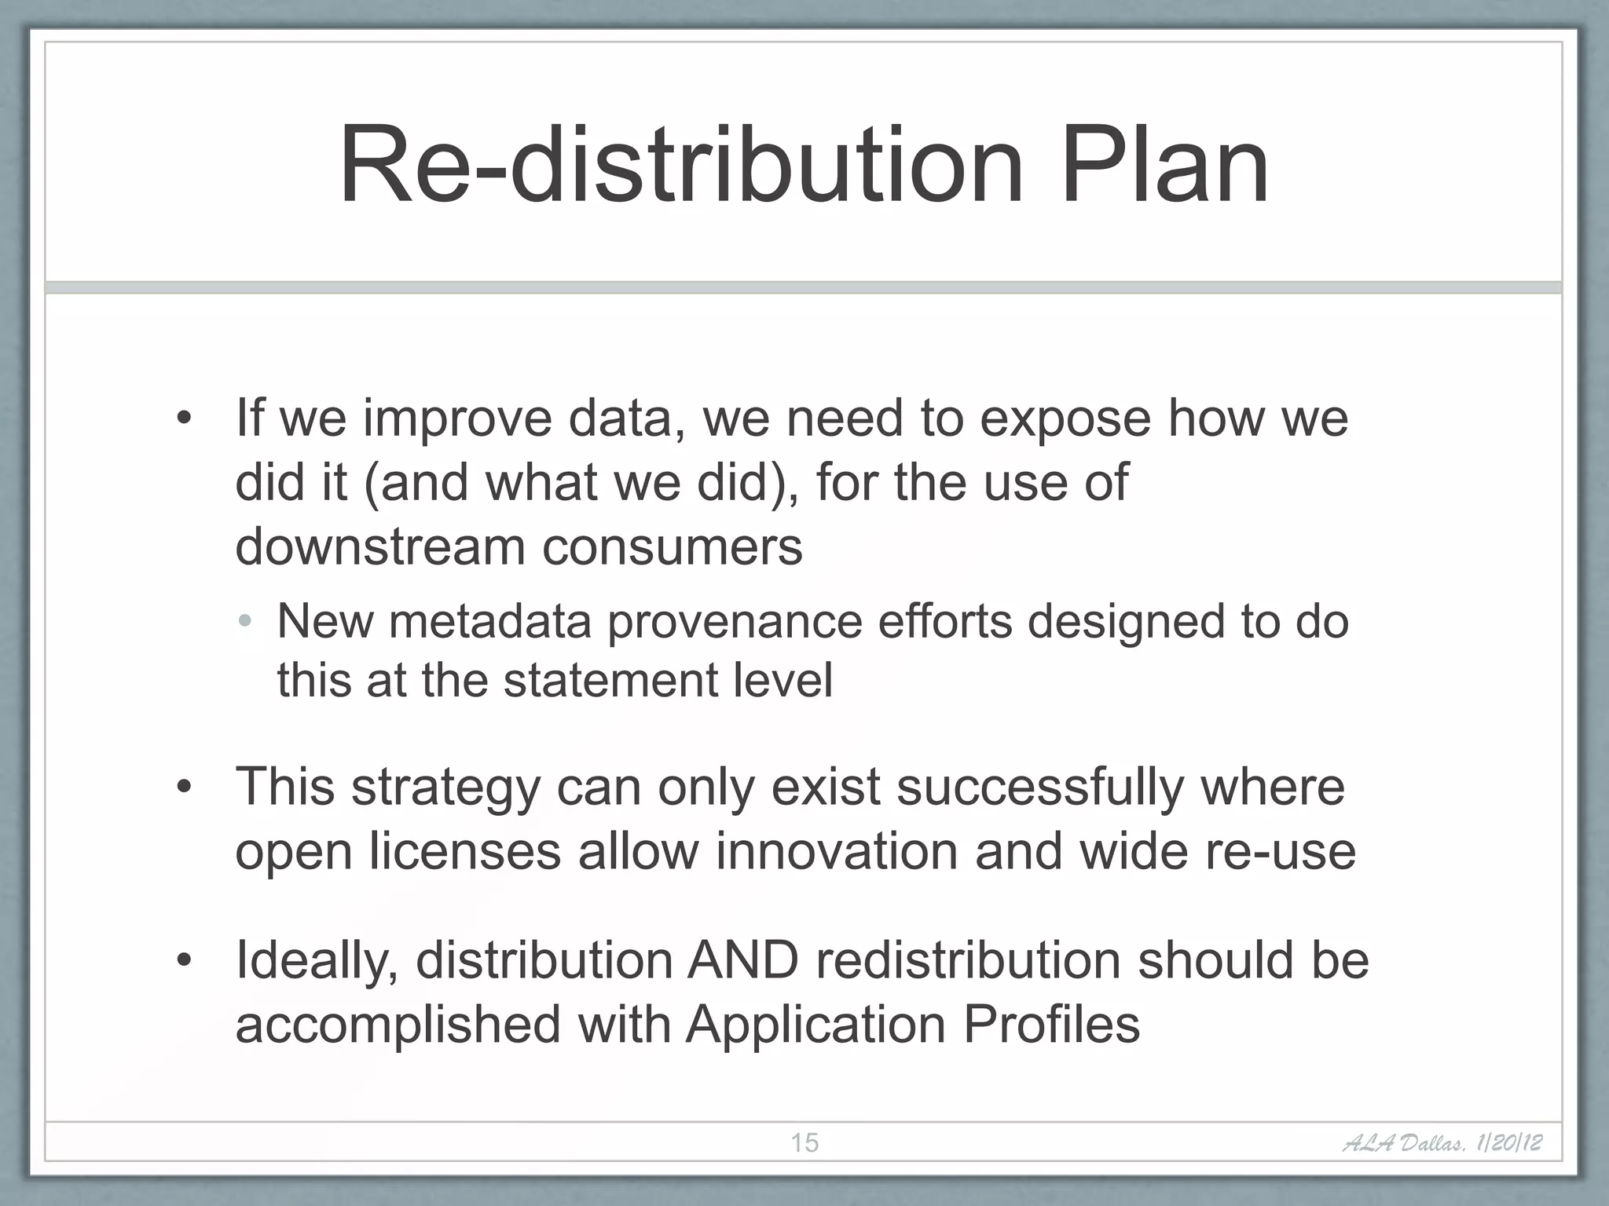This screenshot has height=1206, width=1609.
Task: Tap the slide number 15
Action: (x=804, y=1142)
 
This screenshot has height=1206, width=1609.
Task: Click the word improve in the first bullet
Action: (x=457, y=419)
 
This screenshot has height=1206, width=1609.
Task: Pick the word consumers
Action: (x=673, y=547)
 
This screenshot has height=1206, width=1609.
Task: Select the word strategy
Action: (x=445, y=788)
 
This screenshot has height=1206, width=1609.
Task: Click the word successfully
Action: (x=1039, y=788)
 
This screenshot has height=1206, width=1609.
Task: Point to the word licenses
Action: (x=465, y=852)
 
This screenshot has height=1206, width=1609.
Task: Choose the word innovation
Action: (x=836, y=851)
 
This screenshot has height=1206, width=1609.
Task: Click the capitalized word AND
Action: (x=742, y=960)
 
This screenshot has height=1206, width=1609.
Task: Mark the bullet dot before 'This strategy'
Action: (x=184, y=787)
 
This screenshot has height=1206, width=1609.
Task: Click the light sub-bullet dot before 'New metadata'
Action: (x=246, y=621)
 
